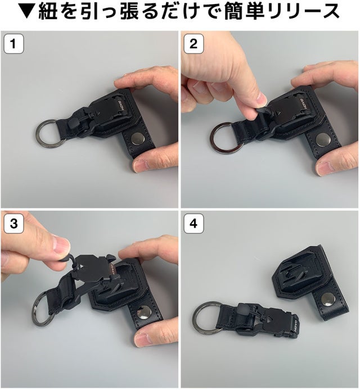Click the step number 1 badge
coord(13,44)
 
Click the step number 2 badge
coord(193,44)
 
